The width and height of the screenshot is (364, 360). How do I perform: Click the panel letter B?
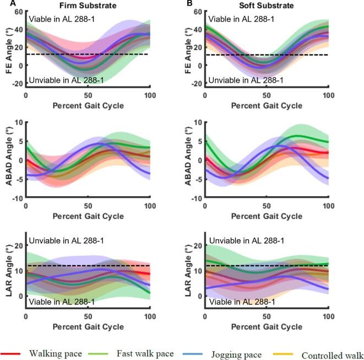(x=189, y=4)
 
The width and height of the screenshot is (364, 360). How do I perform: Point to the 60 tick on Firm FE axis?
(x=18, y=12)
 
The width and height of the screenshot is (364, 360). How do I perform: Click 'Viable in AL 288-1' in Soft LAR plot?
(x=240, y=302)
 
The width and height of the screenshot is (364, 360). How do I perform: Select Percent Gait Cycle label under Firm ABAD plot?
(x=88, y=214)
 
